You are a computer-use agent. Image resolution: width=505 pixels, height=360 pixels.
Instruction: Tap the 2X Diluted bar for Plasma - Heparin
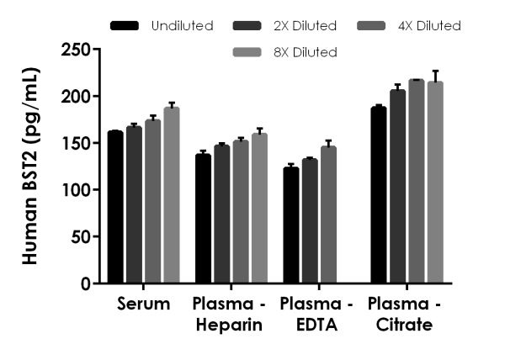pyautogui.click(x=221, y=214)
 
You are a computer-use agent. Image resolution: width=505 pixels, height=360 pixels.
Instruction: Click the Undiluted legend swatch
pyautogui.click(x=126, y=26)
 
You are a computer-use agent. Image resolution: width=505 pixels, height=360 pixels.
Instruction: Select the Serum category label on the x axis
pyautogui.click(x=143, y=304)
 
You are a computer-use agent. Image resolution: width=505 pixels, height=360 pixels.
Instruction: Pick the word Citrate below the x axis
pyautogui.click(x=406, y=325)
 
